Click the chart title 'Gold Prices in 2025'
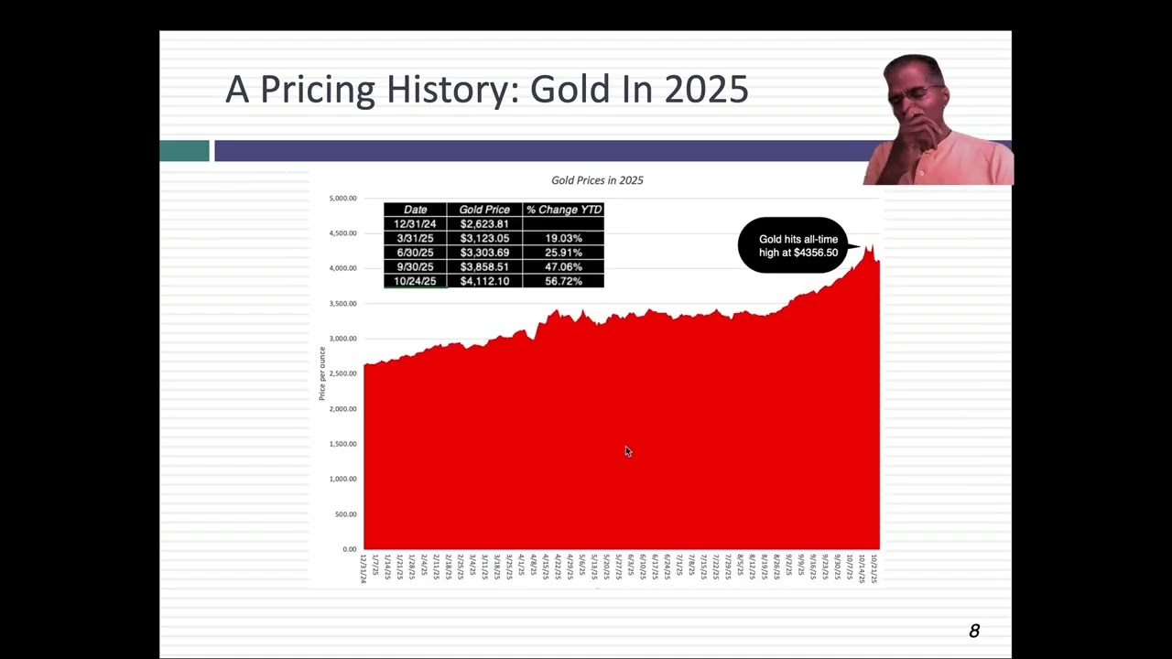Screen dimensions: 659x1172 (597, 180)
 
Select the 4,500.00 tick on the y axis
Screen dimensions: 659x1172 (342, 233)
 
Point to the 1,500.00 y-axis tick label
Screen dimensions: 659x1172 (342, 444)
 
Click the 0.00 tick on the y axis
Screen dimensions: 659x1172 (349, 549)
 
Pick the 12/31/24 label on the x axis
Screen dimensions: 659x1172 (364, 568)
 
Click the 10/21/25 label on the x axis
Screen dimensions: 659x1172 (874, 568)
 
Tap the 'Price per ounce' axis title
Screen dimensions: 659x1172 (322, 373)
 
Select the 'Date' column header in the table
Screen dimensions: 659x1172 (415, 210)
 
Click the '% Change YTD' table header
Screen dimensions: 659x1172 (563, 210)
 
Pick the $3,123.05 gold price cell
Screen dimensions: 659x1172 (484, 238)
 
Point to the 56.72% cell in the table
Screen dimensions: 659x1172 (563, 281)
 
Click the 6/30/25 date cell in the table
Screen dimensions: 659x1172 (415, 253)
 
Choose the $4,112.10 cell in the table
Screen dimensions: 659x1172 (484, 281)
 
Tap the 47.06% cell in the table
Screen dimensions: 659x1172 (563, 266)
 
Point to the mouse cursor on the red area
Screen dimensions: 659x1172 (627, 450)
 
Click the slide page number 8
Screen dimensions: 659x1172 (974, 631)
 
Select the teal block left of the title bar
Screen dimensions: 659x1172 (184, 151)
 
